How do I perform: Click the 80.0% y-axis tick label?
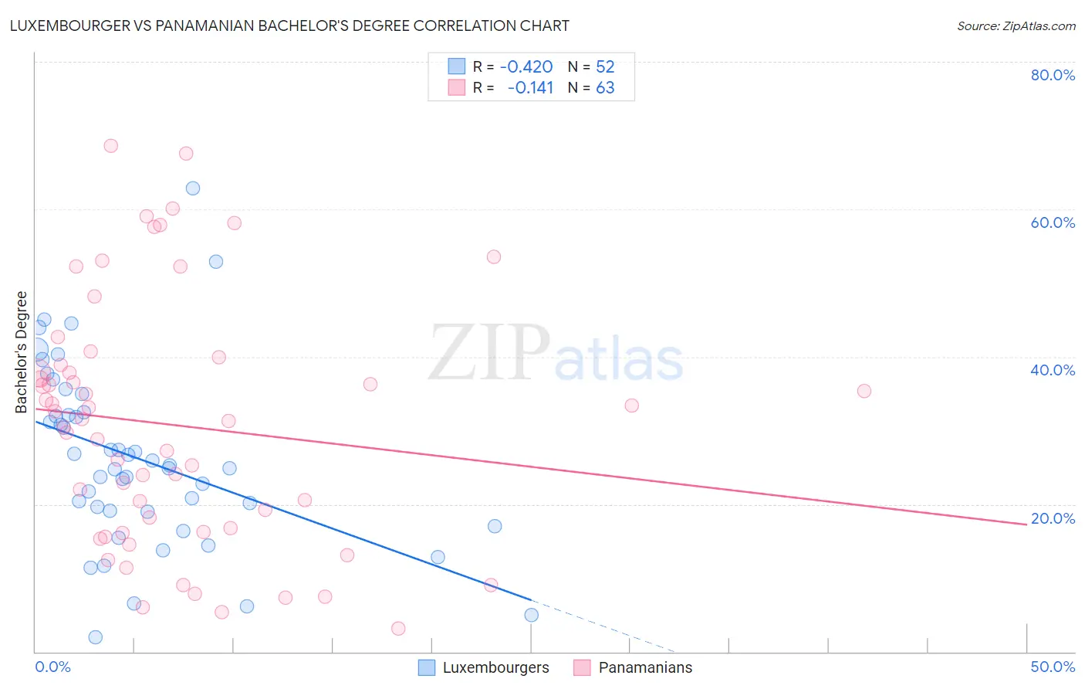click(1053, 75)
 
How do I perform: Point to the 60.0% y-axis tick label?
click(1053, 222)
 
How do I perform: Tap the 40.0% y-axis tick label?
click(1053, 370)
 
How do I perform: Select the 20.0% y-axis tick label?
click(1053, 518)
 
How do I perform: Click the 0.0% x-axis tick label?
click(52, 667)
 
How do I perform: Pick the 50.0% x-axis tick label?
click(1053, 667)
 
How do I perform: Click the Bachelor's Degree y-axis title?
click(22, 352)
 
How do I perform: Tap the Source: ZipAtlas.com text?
click(1016, 25)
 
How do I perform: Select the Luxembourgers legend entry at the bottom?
click(484, 667)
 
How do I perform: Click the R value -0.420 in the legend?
click(526, 66)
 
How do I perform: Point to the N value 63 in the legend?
click(605, 87)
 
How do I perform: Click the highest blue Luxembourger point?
click(193, 188)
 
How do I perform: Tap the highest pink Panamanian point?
click(111, 145)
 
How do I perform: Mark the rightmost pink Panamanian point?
click(864, 391)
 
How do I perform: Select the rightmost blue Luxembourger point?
click(532, 615)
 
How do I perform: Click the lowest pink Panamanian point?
click(398, 629)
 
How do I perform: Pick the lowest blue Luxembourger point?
click(96, 637)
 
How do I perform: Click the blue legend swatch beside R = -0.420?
click(457, 66)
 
